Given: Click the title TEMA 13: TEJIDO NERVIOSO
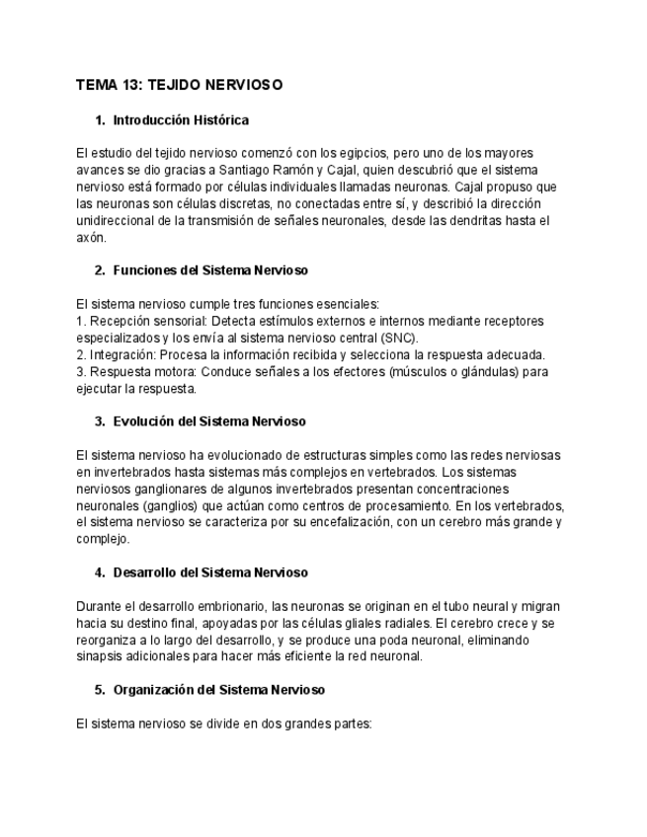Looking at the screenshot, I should pos(179,85).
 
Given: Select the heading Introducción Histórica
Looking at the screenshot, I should pos(181,120).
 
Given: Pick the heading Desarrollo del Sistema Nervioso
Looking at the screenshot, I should pos(210,572).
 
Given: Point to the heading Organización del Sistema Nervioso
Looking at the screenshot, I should pos(218,690).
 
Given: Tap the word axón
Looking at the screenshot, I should pos(90,237).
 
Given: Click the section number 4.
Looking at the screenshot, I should pos(100,572).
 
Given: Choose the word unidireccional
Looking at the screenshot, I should pos(116,220).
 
